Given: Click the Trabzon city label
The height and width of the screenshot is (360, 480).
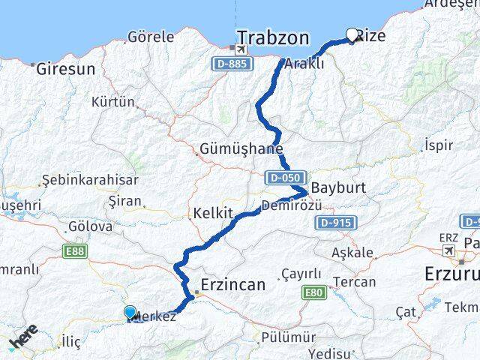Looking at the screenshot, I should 272,37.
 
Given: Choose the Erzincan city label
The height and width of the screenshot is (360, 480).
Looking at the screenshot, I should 232,285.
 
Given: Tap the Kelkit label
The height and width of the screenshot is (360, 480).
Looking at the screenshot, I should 214,212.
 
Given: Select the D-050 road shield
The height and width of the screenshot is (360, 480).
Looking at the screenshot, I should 283,178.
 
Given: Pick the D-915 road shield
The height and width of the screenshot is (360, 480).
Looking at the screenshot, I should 335,223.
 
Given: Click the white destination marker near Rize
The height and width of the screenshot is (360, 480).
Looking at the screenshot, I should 352,34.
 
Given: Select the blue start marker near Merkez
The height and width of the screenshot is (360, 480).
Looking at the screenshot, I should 130,313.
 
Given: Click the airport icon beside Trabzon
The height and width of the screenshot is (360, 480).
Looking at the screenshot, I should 240,49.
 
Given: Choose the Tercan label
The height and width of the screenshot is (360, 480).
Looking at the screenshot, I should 355,282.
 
